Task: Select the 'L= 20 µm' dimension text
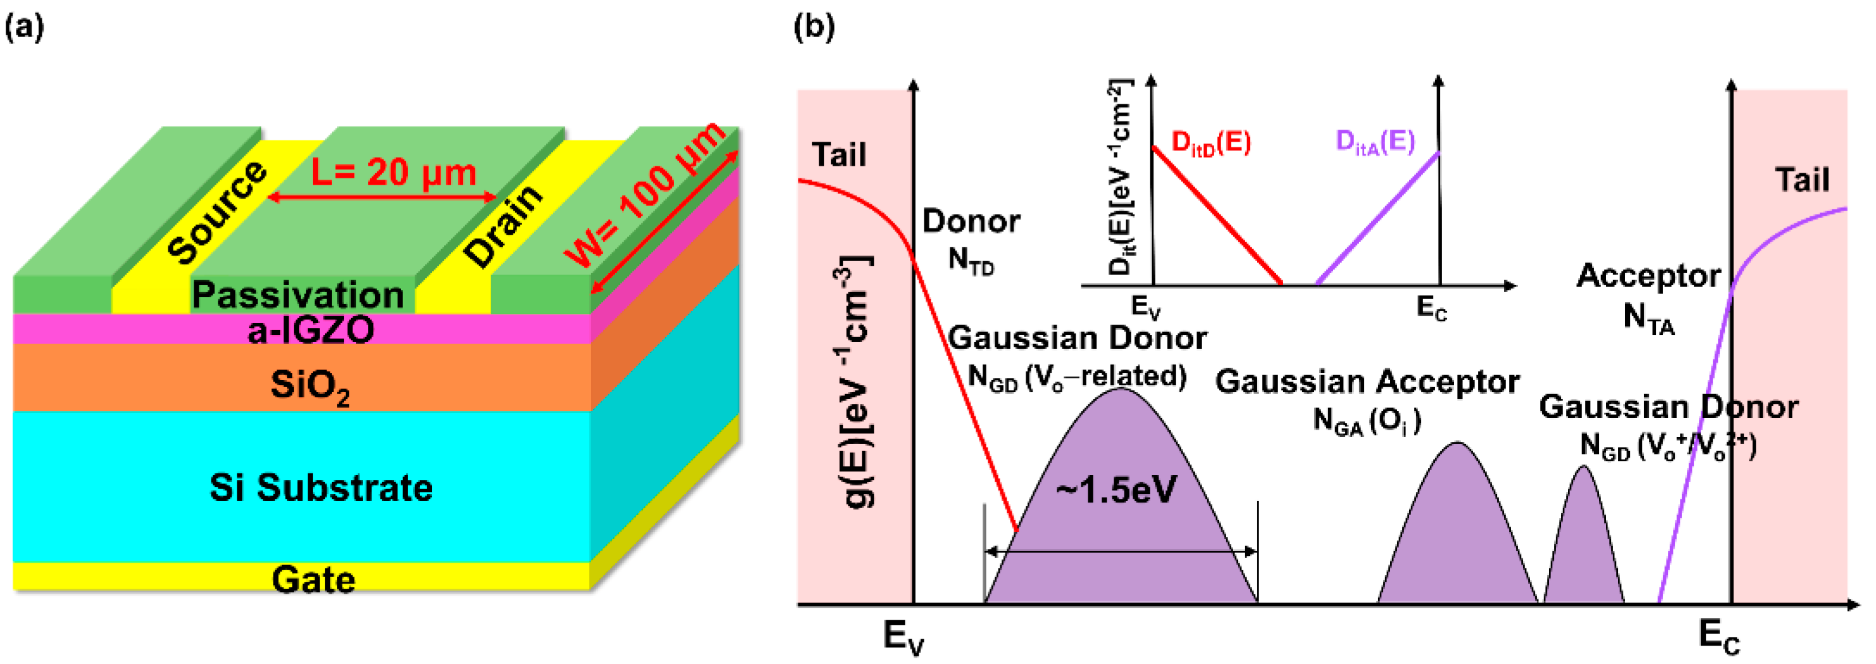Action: pos(394,173)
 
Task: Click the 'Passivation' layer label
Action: pos(298,295)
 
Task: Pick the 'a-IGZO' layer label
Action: pos(311,331)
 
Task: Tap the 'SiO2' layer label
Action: pos(310,385)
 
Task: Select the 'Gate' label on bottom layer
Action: pos(314,579)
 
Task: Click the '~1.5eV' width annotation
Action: pos(1116,490)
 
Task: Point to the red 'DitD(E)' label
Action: pos(1211,142)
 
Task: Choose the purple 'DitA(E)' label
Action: pos(1375,141)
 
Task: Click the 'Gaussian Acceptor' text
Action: pos(1367,381)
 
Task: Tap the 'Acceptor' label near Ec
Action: pos(1648,276)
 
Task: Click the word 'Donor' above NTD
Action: pos(971,221)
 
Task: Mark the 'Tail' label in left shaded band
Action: pos(839,155)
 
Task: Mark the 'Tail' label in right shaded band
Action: pos(1802,180)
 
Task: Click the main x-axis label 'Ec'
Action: pos(1718,635)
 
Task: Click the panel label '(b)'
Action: pos(814,27)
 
